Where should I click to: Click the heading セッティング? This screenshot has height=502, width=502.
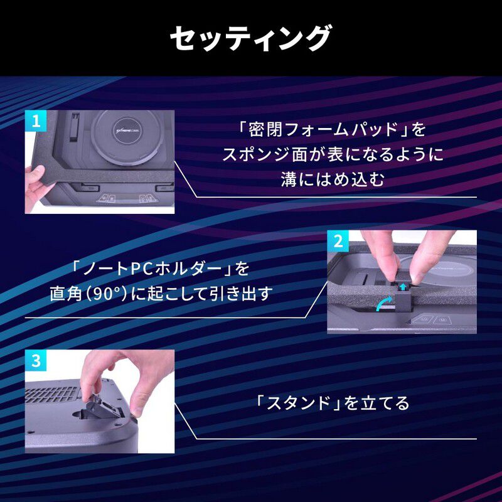(x=250, y=38)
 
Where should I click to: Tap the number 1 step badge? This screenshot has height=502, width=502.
(x=35, y=121)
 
